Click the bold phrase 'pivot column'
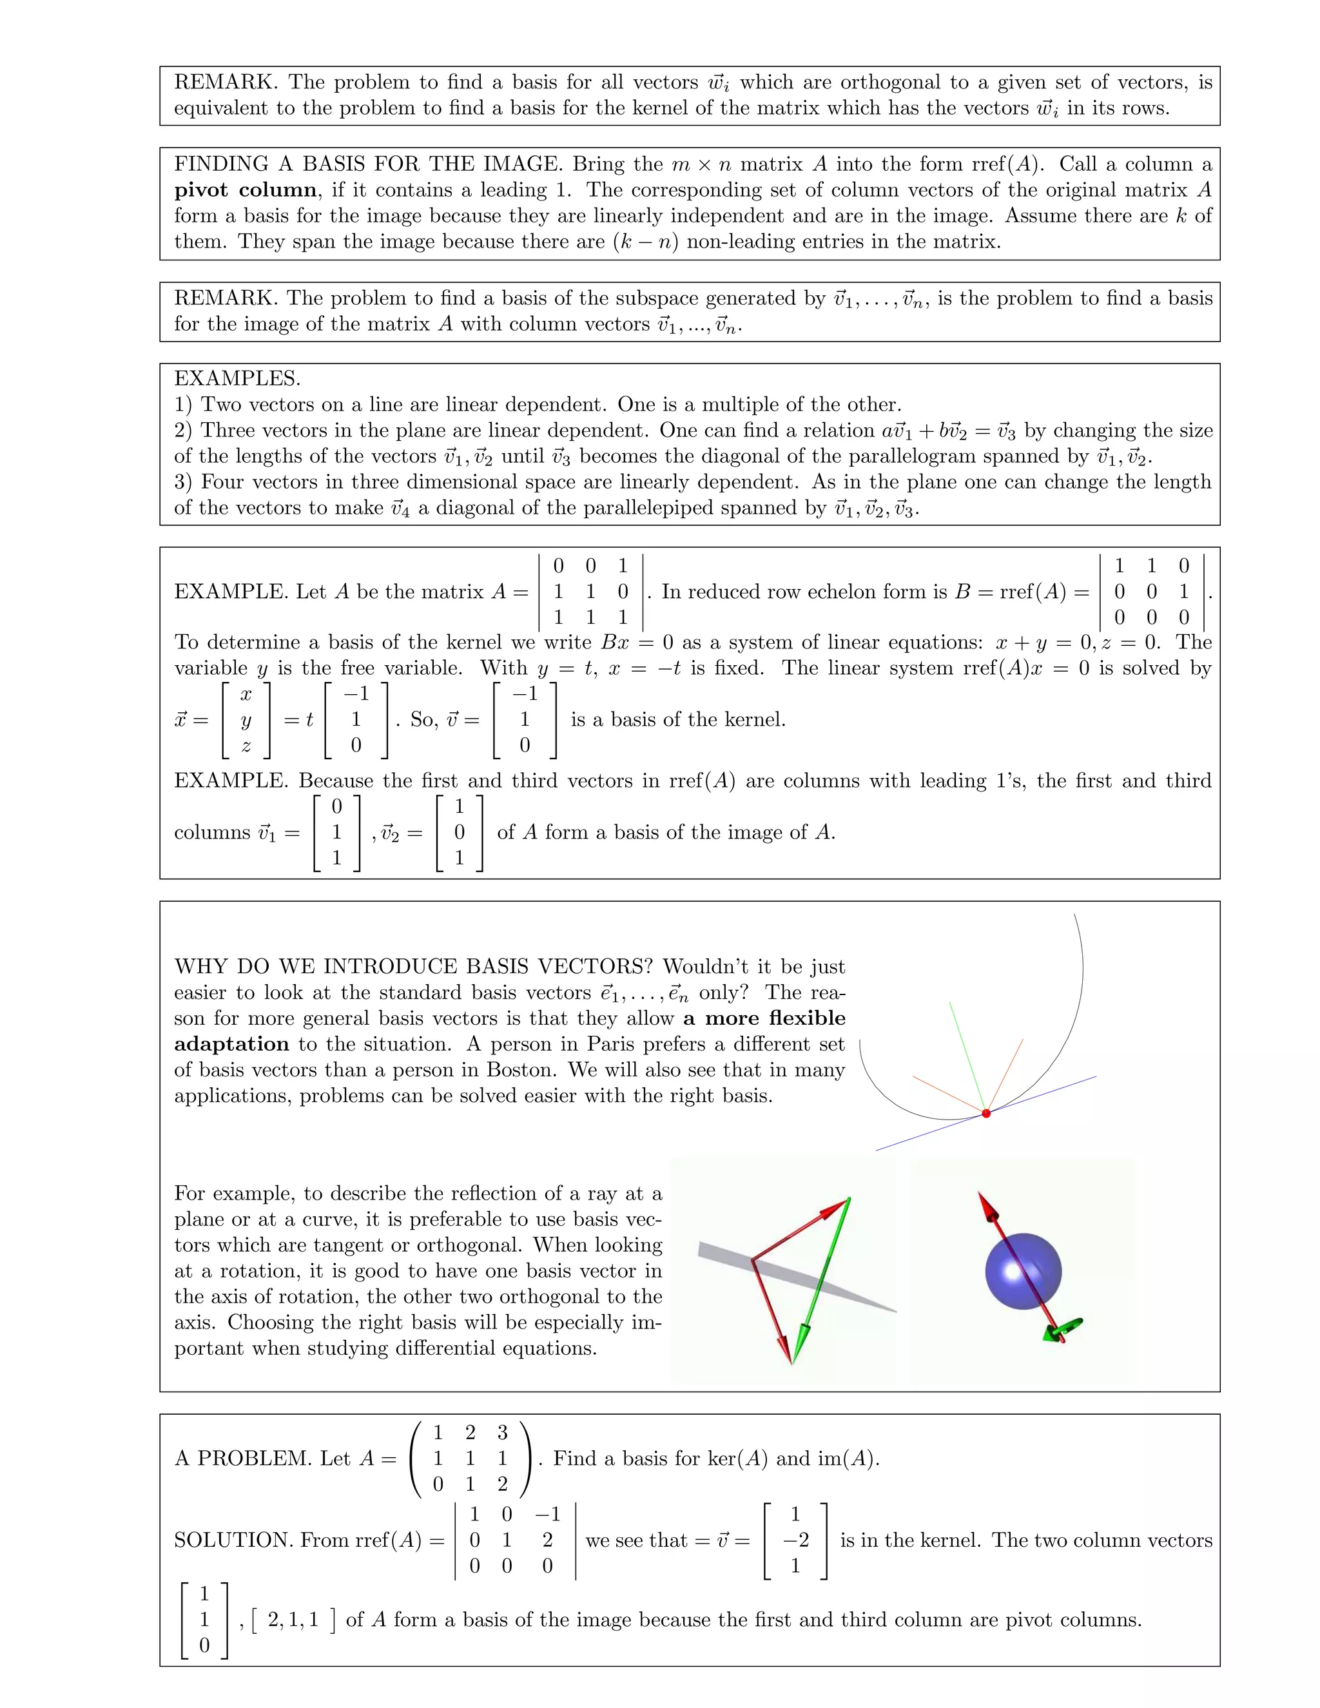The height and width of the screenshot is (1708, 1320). pos(245,190)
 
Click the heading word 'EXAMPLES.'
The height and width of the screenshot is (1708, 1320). pos(237,378)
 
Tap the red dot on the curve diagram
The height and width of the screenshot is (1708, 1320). pos(986,1113)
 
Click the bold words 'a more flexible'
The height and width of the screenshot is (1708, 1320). pos(763,1018)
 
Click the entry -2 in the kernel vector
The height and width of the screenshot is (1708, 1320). pos(795,1540)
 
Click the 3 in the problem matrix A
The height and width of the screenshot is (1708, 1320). pos(502,1433)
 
